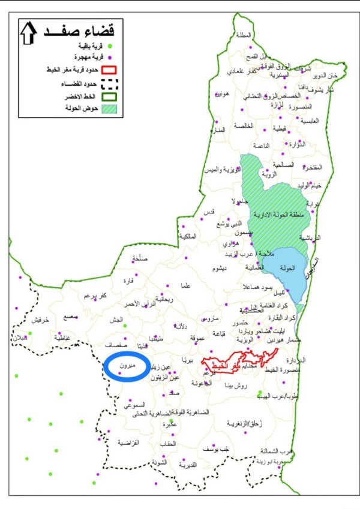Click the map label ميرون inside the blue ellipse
tap(127, 366)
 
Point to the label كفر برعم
tap(95, 296)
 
